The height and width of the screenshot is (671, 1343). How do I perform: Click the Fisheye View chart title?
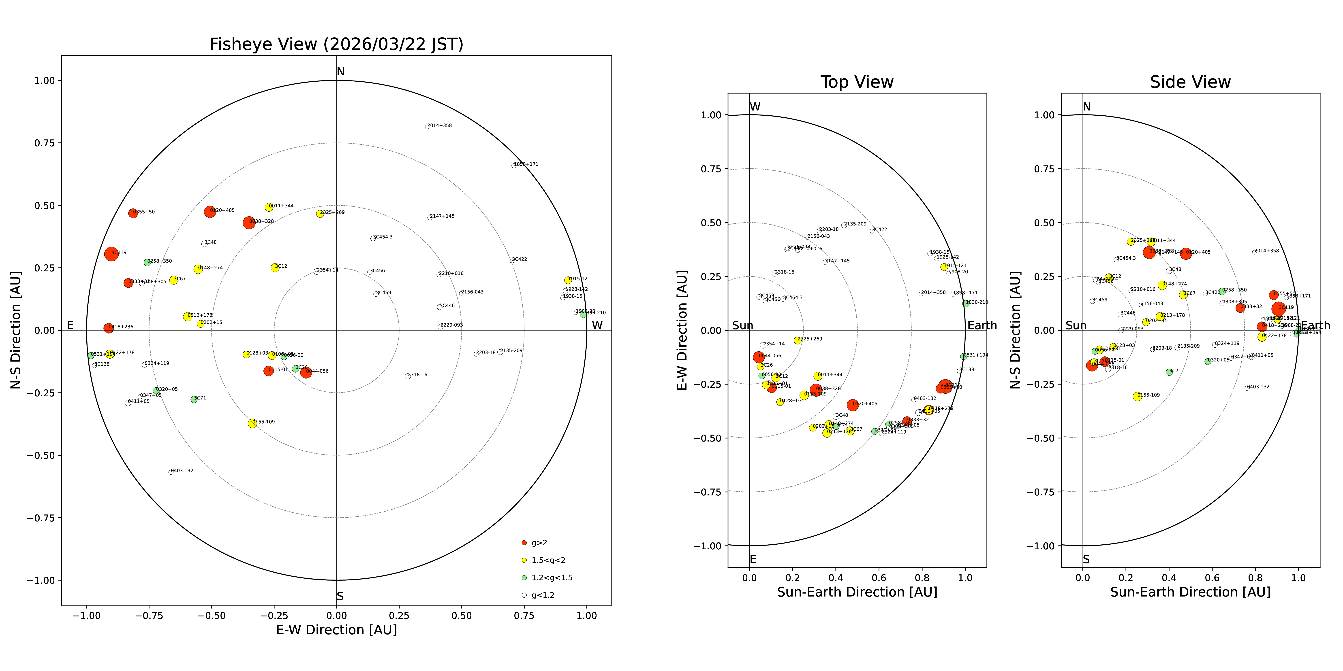[x=336, y=44]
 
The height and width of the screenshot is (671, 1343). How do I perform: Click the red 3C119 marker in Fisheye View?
[x=111, y=254]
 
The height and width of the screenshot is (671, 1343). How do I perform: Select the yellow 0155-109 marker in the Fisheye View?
[x=252, y=423]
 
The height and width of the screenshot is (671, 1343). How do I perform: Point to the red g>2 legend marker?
[x=524, y=543]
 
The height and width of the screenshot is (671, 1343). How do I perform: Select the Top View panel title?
[x=857, y=82]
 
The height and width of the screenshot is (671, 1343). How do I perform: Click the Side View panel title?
[x=1190, y=82]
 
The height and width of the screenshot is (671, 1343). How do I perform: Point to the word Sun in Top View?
[x=742, y=326]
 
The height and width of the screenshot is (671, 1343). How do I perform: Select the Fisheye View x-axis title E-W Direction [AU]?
[x=336, y=630]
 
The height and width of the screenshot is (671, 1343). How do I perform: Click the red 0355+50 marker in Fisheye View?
[x=133, y=213]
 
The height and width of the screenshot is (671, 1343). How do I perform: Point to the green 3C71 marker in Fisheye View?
[x=194, y=399]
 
